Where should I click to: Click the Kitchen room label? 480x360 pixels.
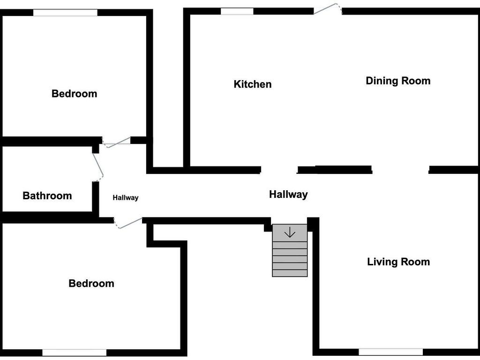tap(253, 84)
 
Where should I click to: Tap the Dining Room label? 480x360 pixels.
tap(398, 81)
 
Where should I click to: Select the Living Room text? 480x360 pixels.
tap(398, 262)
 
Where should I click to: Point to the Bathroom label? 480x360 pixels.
tap(47, 195)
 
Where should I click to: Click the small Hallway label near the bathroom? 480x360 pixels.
tap(126, 198)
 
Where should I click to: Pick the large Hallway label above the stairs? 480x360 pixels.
tap(288, 195)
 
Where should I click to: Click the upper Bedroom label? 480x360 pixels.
tap(75, 93)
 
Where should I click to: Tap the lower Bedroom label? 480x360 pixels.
tap(91, 283)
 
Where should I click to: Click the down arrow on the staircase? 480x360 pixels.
tap(290, 233)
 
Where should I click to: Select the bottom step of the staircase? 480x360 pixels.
tap(290, 273)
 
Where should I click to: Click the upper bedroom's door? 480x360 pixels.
tap(117, 142)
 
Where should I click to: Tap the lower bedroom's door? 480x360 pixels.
tap(128, 223)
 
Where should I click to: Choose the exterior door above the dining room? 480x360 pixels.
tap(328, 8)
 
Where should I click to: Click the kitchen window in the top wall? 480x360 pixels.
tap(237, 11)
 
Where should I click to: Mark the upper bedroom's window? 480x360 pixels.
tap(65, 13)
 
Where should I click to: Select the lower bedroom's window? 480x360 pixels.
tap(75, 352)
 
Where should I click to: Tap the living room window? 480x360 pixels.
tap(390, 352)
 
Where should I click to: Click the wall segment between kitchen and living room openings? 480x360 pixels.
tap(335, 170)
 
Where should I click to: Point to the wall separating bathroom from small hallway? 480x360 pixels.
tap(96, 196)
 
